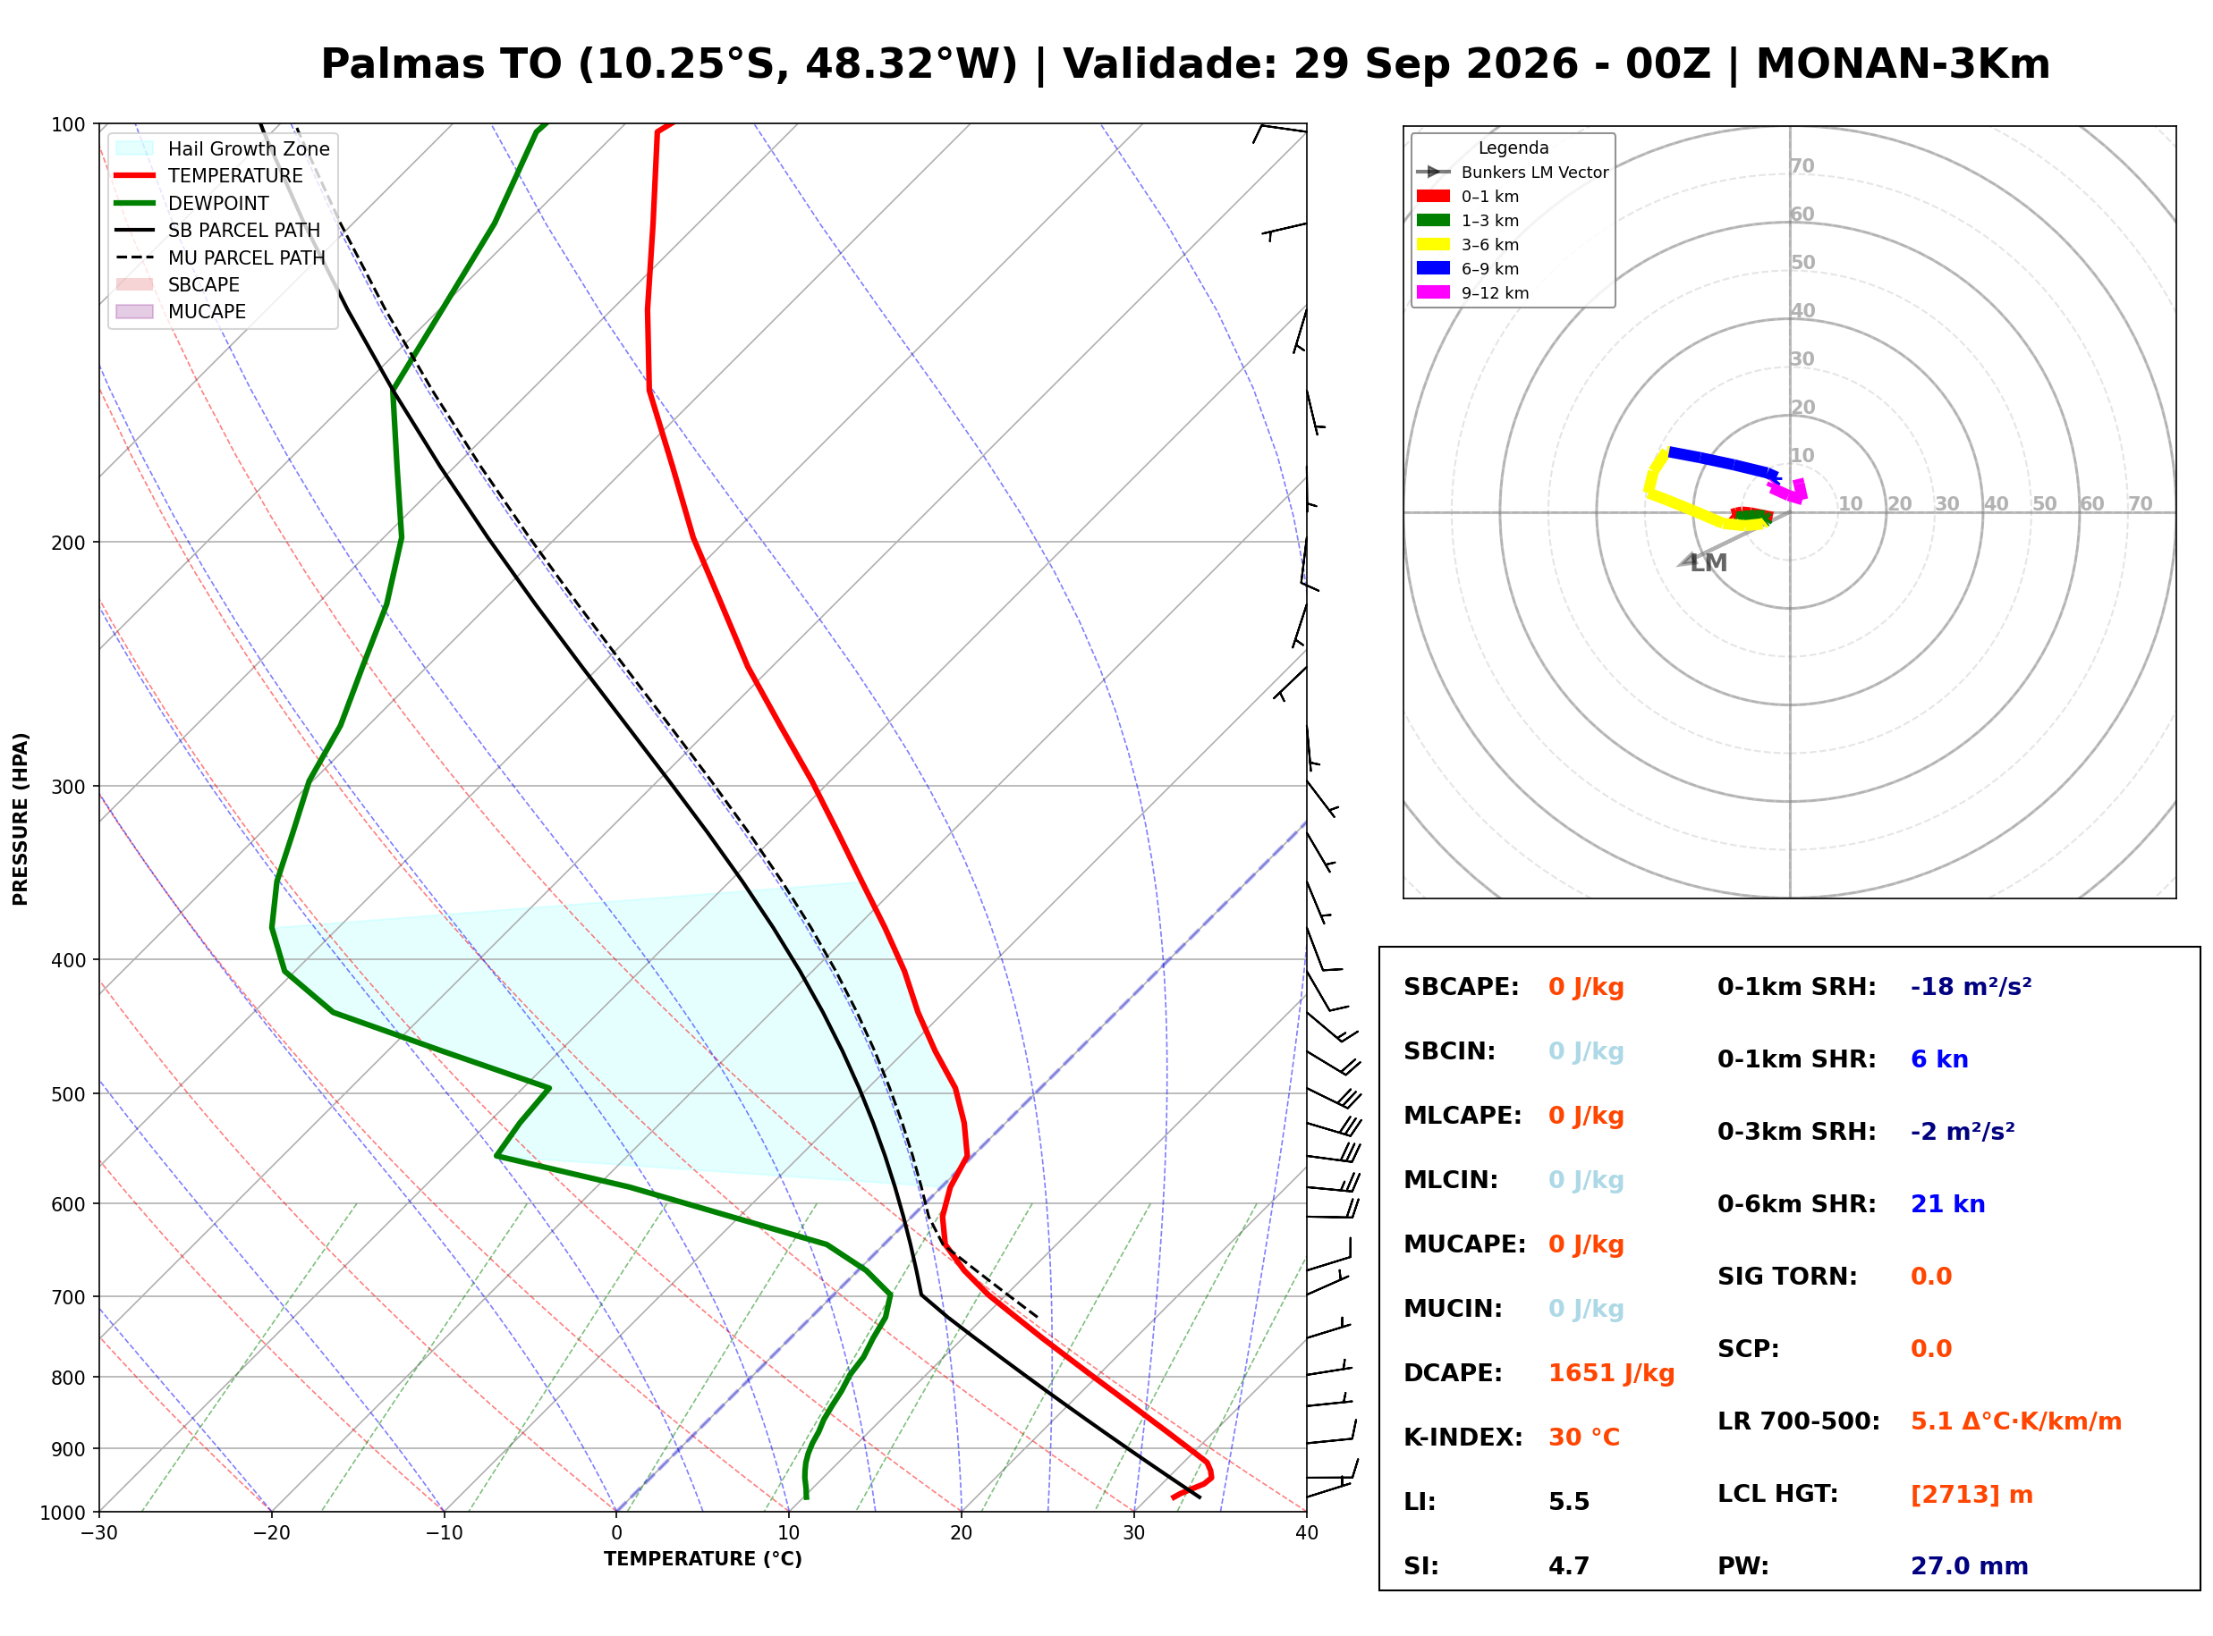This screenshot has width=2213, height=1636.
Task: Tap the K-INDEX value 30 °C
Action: [x=1584, y=1438]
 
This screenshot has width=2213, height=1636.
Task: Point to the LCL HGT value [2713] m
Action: [x=1971, y=1495]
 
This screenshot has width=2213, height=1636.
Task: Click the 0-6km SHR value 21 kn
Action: [x=1947, y=1204]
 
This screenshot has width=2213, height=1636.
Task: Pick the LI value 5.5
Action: [x=1569, y=1502]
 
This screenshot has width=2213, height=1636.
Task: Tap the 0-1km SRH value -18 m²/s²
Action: [x=1971, y=987]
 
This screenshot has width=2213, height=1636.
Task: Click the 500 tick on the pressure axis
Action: [x=68, y=1094]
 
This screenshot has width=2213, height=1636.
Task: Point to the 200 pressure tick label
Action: [x=68, y=543]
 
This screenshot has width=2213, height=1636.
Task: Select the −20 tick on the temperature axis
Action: [x=270, y=1533]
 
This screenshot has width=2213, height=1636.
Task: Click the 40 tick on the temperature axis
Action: [x=1306, y=1533]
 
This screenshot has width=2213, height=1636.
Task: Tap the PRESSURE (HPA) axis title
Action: [x=21, y=819]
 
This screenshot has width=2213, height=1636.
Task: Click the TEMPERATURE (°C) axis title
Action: [x=702, y=1559]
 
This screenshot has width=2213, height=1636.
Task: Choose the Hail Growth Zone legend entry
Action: [x=223, y=148]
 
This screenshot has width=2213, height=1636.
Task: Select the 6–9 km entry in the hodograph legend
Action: [x=1472, y=268]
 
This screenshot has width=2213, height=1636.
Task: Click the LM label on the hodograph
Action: [x=1708, y=563]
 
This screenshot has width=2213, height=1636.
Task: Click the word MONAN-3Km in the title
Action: [x=1902, y=63]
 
